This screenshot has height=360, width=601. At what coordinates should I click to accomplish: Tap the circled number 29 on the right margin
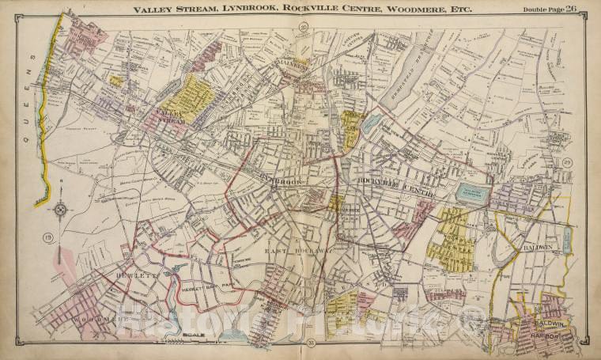568,163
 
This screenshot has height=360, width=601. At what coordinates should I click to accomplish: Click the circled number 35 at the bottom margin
302,342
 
